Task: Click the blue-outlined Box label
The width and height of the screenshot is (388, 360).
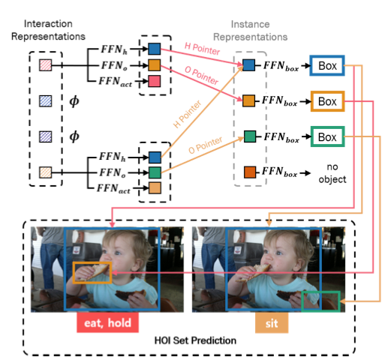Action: pos(327,65)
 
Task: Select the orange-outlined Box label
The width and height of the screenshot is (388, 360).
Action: pos(327,101)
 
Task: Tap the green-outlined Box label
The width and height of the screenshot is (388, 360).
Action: pos(327,136)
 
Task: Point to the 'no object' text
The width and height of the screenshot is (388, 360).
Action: pos(332,173)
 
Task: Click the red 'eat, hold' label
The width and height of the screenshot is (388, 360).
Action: pos(107,322)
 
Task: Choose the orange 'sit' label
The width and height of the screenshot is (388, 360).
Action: pos(272,323)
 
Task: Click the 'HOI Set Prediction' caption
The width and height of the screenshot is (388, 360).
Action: pos(195,340)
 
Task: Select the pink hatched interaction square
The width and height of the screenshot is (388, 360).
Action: pos(46,65)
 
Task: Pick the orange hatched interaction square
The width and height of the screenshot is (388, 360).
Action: pos(46,172)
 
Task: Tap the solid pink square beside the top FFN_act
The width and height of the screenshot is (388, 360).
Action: pos(155,81)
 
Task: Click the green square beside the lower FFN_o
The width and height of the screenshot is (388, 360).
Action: pos(155,172)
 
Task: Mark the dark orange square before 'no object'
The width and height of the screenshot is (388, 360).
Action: pos(250,172)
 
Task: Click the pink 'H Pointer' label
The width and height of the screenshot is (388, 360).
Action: pos(202,49)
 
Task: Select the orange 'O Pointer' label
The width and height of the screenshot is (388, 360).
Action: pos(205,145)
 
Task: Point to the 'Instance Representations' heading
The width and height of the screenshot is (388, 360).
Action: pos(250,31)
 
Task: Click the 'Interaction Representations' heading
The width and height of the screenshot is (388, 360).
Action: pos(48,30)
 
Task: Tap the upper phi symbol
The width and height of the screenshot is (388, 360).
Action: pos(74,101)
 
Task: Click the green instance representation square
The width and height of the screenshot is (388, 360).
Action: pos(250,136)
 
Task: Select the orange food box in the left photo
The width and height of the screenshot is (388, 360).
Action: pos(73,273)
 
